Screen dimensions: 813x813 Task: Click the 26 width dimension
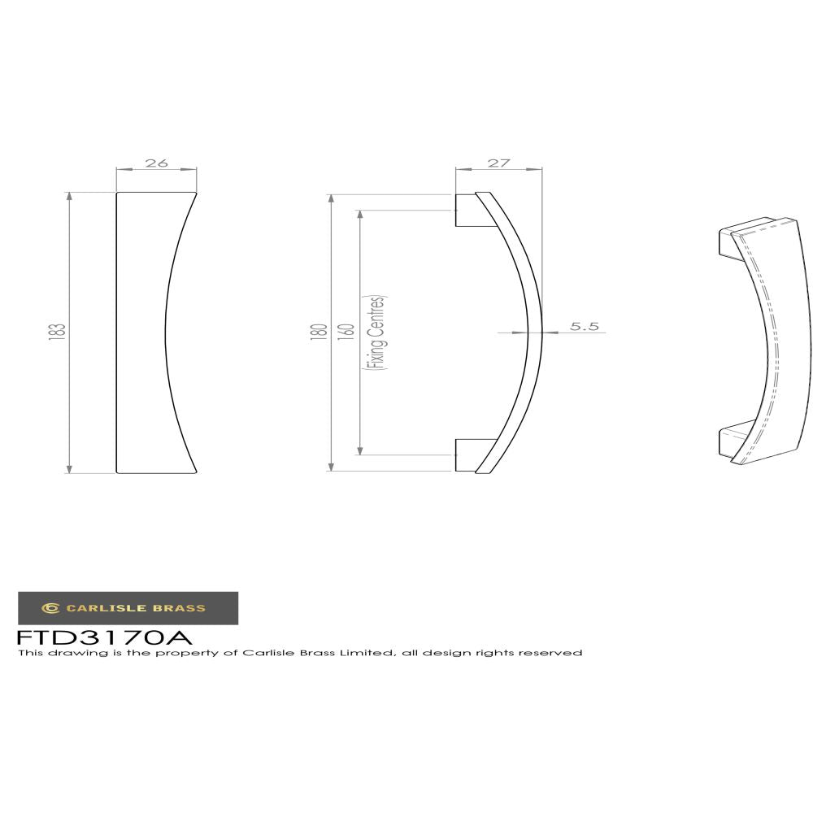(x=156, y=163)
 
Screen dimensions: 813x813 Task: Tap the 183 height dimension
(x=56, y=332)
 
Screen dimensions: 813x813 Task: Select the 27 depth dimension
(x=498, y=163)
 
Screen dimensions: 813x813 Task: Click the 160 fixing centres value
(x=347, y=332)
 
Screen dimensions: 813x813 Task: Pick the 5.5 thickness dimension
(x=584, y=327)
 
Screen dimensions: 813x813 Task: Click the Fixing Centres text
(x=376, y=333)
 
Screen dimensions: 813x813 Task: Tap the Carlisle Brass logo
(x=128, y=607)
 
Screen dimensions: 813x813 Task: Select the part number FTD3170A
(x=104, y=636)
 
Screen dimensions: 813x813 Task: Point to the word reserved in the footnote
(x=554, y=653)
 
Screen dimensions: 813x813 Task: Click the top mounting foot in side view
(x=466, y=211)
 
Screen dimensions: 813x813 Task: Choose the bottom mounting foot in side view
(x=466, y=455)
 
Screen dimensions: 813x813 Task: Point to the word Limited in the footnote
(x=369, y=653)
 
